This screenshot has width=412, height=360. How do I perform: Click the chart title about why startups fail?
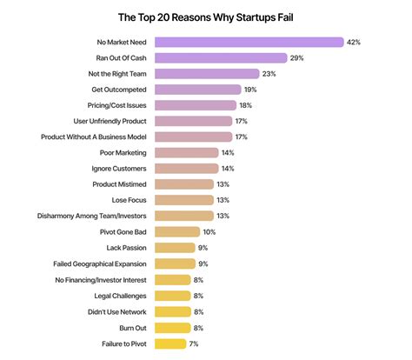point(206,16)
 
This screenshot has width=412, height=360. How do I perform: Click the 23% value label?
point(269,74)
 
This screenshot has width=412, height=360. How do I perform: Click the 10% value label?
point(209,231)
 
